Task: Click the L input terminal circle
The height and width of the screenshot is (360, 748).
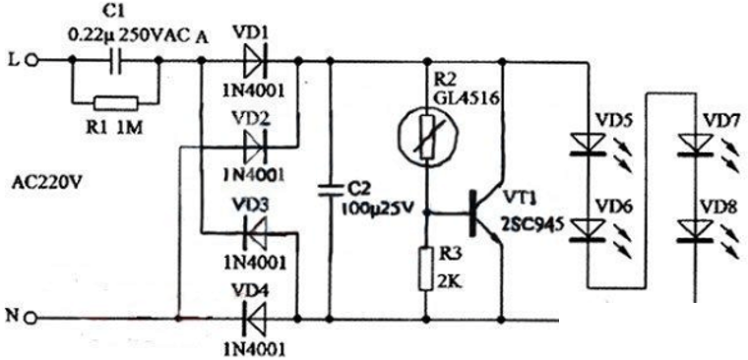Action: pyautogui.click(x=31, y=60)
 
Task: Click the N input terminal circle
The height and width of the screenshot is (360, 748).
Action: pyautogui.click(x=31, y=319)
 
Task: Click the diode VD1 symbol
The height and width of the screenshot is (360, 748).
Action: pyautogui.click(x=252, y=61)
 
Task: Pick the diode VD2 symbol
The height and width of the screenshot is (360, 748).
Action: pyautogui.click(x=252, y=149)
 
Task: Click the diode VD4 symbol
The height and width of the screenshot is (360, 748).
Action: pyautogui.click(x=252, y=319)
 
